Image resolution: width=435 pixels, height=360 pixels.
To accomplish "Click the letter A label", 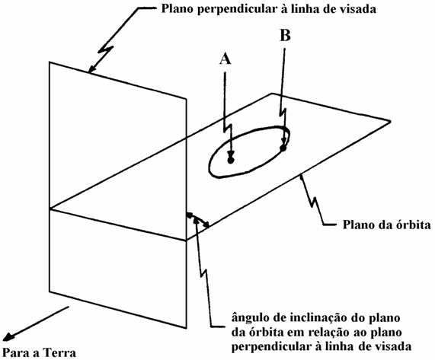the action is tap(225, 59).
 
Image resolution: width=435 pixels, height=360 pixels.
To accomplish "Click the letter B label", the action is tap(285, 36).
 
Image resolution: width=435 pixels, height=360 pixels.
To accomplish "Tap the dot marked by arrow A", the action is tap(231, 160).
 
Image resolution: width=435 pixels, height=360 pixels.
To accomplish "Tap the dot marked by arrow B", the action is tap(283, 148).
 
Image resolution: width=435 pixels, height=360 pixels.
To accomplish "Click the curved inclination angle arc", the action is tap(198, 218).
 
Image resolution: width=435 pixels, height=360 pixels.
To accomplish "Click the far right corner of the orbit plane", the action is tap(390, 121).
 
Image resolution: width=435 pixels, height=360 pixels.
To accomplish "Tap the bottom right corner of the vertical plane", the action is tap(186, 328).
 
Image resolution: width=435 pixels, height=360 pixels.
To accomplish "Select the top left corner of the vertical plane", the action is tap(50, 62).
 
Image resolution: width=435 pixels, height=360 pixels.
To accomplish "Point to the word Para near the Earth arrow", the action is tap(14, 353).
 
